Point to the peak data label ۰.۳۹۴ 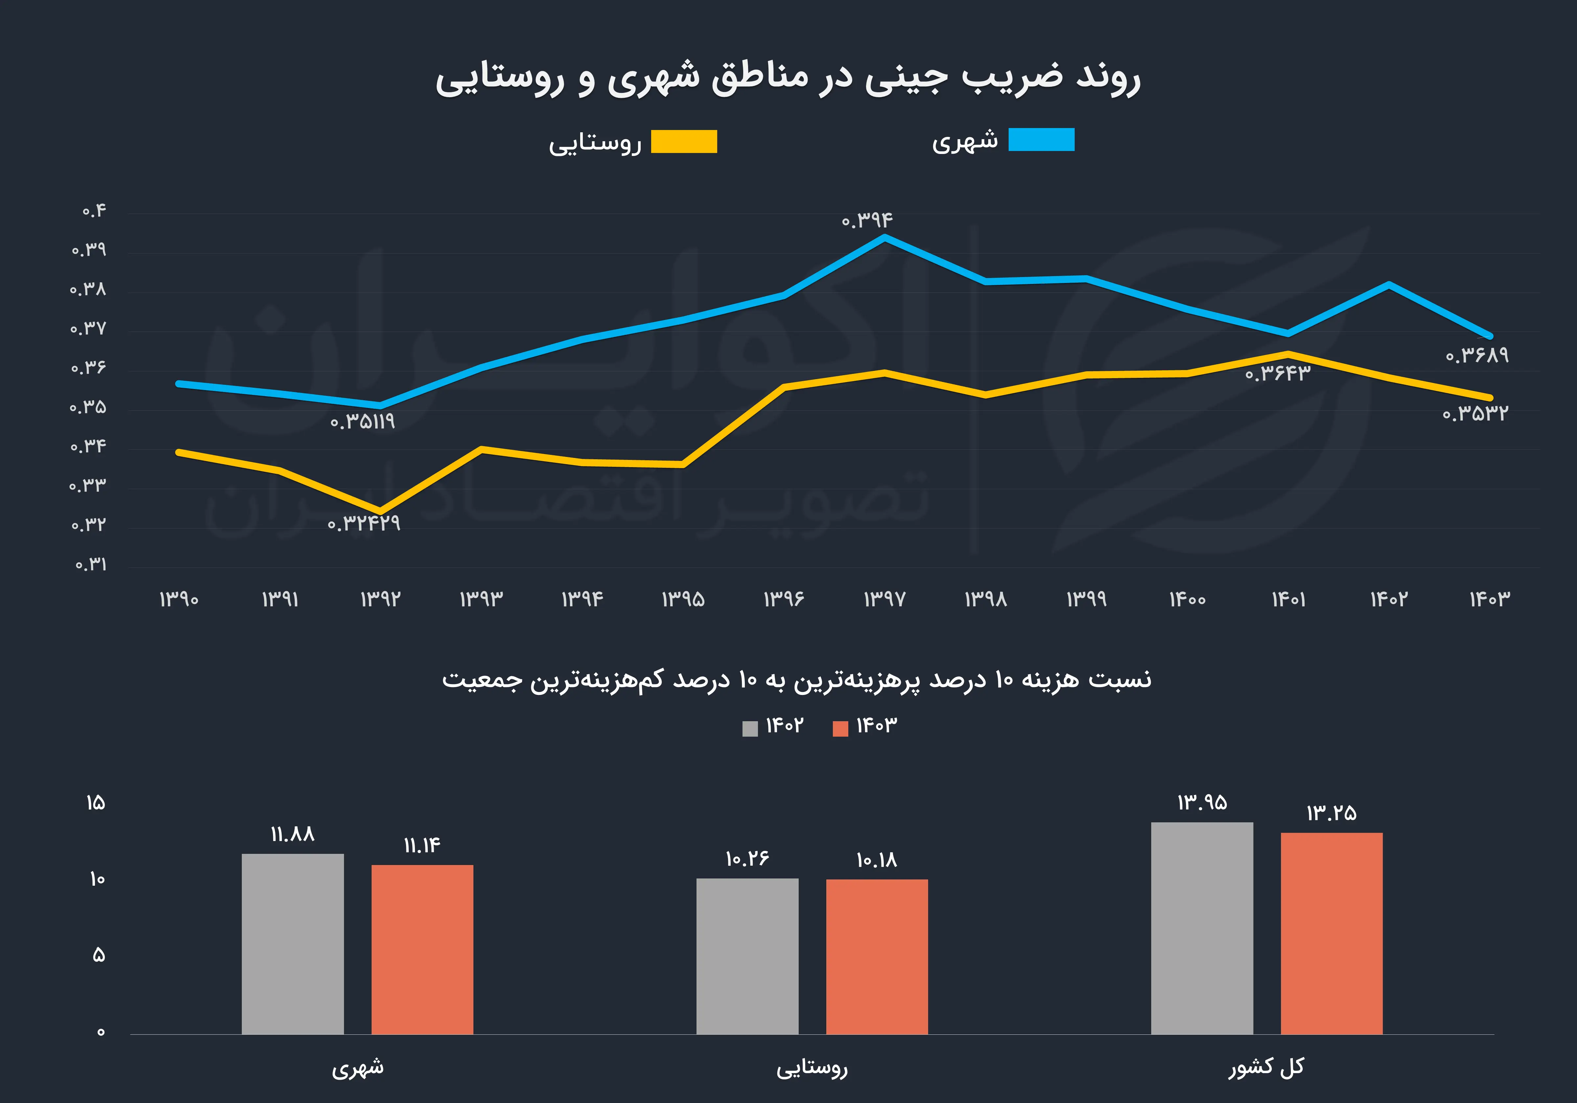(x=867, y=220)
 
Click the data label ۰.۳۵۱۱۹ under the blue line (x=363, y=422)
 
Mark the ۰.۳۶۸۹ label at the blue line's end (x=1477, y=356)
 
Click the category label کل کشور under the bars (x=1266, y=1067)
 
